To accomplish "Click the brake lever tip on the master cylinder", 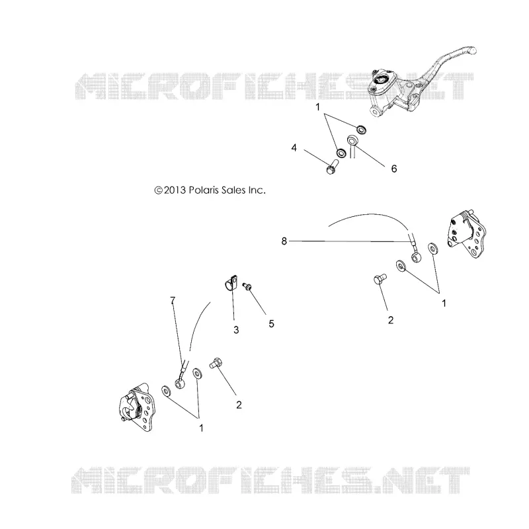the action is click(x=472, y=51).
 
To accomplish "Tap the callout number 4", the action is click(x=294, y=147).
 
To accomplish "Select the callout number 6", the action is click(x=393, y=169).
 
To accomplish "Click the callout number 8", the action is click(x=284, y=241).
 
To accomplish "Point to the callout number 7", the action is click(x=173, y=300).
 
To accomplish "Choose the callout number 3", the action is click(x=236, y=330).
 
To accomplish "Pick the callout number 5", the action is click(x=271, y=324).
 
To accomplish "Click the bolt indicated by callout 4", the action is click(x=333, y=166).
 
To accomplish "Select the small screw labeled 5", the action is click(x=247, y=286).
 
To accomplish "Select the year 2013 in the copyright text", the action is click(x=175, y=190).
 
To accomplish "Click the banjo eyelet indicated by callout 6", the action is click(x=353, y=140).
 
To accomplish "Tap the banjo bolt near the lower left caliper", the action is click(x=216, y=363).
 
